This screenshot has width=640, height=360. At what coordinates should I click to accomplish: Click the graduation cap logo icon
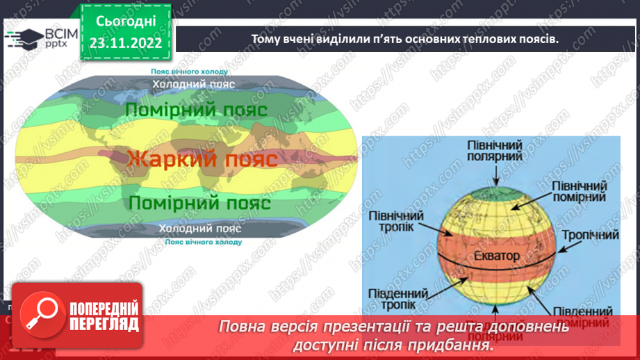coord(21,38)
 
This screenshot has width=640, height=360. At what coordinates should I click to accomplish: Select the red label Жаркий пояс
coord(203,158)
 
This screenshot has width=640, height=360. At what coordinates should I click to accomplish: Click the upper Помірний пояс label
coord(197,110)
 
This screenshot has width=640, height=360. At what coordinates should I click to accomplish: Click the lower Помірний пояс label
coord(199,204)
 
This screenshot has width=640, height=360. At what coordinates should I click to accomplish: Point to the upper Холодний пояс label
coord(194,84)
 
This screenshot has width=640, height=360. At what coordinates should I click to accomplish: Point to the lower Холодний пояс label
coord(199,229)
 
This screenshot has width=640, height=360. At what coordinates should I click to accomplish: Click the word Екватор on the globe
coord(493,256)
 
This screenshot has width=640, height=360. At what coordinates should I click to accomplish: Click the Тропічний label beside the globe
coord(591,236)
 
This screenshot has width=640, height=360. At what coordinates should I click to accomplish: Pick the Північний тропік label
coord(392,223)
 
